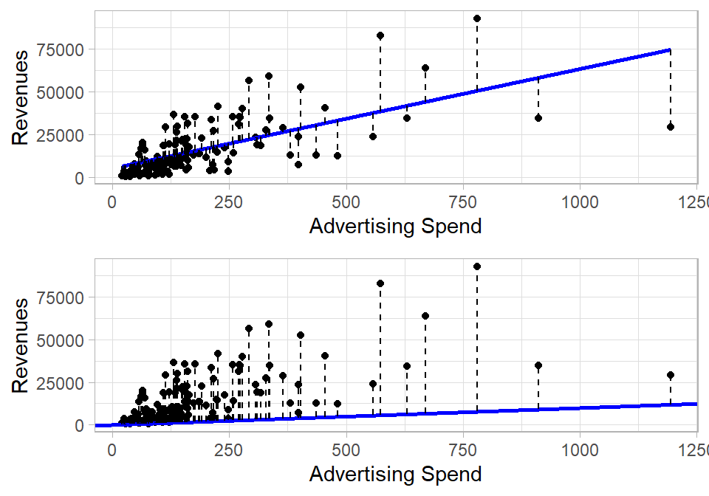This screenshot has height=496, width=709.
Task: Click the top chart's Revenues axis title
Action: [22, 96]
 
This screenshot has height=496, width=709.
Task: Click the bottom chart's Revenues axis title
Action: [22, 344]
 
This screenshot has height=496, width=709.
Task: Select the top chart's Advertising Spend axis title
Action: [395, 226]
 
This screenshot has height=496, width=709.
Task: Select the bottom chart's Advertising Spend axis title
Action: [395, 474]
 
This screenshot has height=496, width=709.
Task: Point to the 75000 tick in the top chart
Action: [63, 49]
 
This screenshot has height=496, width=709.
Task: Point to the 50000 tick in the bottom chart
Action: [63, 340]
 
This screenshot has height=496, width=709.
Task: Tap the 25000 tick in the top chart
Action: [63, 135]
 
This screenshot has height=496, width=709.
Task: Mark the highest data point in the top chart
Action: [477, 18]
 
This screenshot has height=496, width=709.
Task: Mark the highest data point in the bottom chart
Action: [477, 266]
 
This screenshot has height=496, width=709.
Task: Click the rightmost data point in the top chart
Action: [671, 127]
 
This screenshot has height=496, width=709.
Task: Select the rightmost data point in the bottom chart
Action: [671, 375]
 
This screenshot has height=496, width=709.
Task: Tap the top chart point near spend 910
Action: [538, 118]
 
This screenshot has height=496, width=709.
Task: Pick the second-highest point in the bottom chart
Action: [380, 283]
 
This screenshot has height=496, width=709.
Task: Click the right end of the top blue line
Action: [670, 50]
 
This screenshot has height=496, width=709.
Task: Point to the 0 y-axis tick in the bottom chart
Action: [78, 425]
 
